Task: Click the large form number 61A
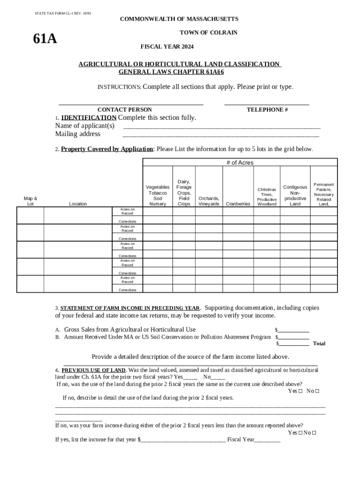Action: tap(45, 39)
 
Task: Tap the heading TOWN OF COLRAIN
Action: tap(209, 32)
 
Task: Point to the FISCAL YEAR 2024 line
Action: tap(167, 47)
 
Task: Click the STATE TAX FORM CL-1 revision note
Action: tap(63, 13)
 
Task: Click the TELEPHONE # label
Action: tap(267, 109)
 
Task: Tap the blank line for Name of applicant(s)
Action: tap(222, 127)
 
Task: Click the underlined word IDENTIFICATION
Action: tap(89, 117)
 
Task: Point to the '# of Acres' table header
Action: tap(240, 162)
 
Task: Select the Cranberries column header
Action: tap(238, 204)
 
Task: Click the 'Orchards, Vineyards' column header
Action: tap(209, 201)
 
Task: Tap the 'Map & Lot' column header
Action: tap(30, 201)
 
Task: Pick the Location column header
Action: tap(78, 204)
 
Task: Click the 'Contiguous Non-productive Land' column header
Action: tap(295, 195)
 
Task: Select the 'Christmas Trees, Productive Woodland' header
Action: tap(267, 196)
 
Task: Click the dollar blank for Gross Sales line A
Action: tap(293, 330)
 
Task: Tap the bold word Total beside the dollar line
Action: tap(319, 343)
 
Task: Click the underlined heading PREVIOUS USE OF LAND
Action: tap(94, 370)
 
